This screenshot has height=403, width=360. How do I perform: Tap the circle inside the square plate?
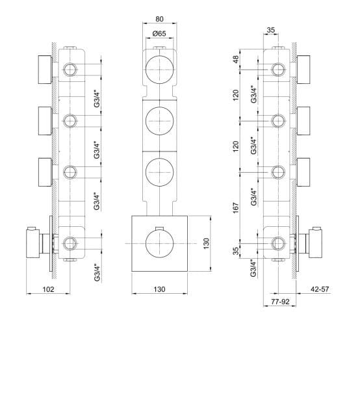[x=158, y=244]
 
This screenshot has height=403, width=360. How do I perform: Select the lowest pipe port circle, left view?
[x=70, y=244]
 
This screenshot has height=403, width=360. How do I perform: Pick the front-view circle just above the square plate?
[x=158, y=172]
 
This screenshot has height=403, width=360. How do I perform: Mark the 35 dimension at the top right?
[x=271, y=29]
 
